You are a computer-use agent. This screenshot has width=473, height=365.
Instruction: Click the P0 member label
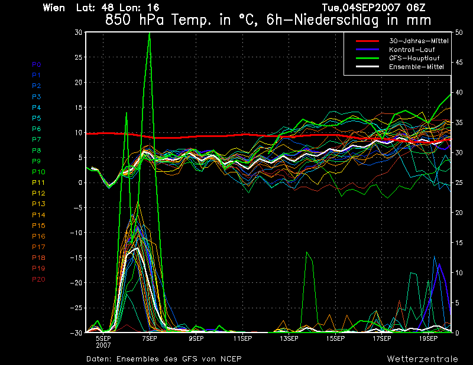point(37,64)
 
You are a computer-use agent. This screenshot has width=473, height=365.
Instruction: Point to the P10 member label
point(38,172)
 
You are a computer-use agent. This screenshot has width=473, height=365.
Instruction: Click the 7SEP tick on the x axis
point(149,338)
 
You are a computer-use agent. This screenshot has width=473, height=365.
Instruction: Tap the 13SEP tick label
point(289,338)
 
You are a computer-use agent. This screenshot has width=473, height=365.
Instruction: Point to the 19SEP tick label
point(428,338)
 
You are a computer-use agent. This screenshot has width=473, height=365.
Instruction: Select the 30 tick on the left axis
point(77,32)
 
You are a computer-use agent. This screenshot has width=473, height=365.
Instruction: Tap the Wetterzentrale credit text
point(422,359)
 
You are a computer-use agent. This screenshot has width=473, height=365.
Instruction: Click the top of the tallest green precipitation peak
point(149,33)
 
